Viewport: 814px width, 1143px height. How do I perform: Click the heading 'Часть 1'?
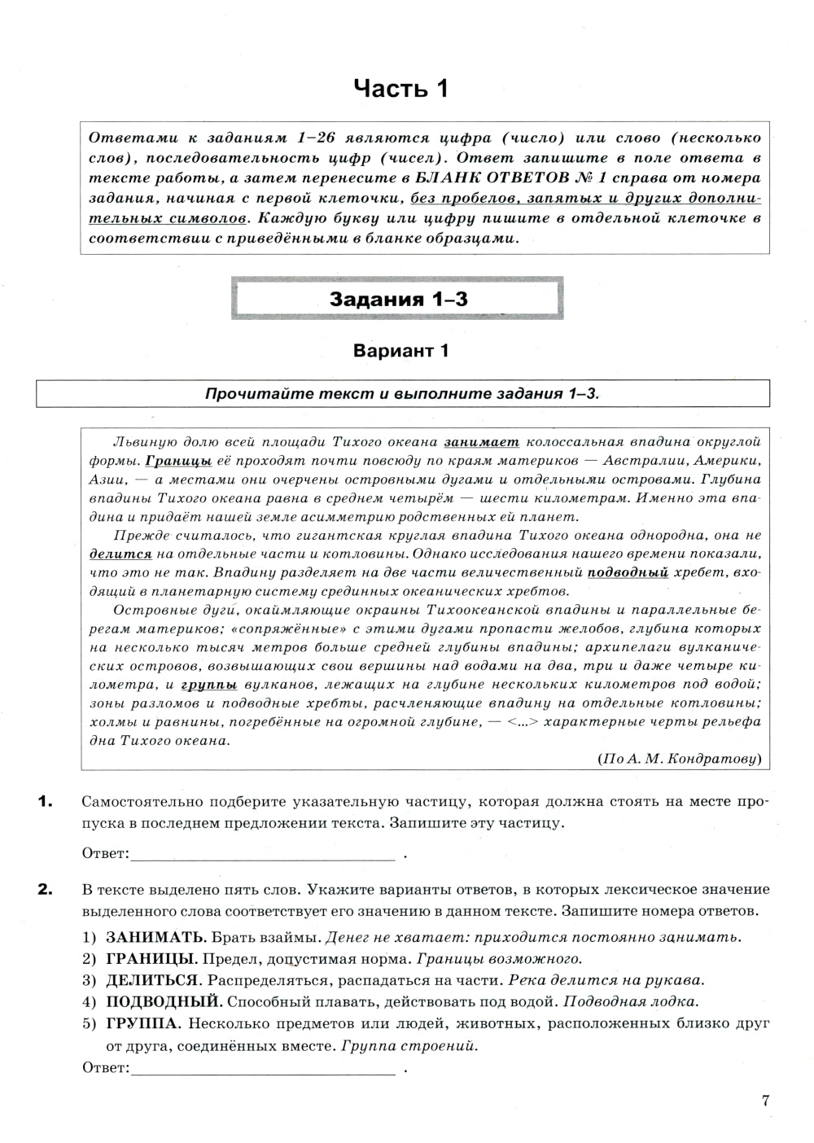point(401,88)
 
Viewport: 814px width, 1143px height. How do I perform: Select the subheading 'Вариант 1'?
point(400,351)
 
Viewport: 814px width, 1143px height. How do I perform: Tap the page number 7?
point(765,1101)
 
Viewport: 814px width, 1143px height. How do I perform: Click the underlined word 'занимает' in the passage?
point(481,442)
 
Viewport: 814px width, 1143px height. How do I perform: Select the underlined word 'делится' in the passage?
point(120,554)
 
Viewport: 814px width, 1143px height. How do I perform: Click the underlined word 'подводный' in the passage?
point(628,572)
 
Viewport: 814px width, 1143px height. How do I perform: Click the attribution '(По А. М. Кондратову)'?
point(680,758)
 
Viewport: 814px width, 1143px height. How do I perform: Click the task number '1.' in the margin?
point(46,803)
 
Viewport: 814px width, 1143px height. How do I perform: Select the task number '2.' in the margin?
point(46,890)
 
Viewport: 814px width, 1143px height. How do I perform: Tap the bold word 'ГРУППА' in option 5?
point(138,1023)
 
